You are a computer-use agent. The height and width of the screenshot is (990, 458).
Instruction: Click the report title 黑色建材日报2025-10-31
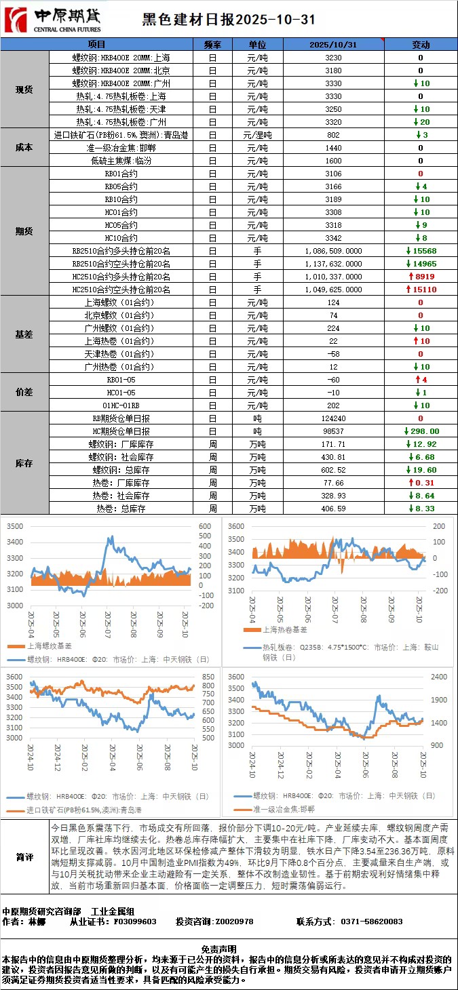click(x=229, y=20)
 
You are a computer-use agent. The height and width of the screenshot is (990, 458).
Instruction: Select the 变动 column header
click(x=421, y=45)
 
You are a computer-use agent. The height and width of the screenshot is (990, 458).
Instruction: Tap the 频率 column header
click(x=212, y=45)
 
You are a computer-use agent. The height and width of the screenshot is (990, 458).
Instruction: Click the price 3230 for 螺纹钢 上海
click(x=333, y=58)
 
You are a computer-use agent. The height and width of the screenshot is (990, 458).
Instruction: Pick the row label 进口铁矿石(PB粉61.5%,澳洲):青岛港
click(x=122, y=135)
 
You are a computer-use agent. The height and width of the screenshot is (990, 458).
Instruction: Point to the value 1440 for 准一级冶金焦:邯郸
click(x=333, y=148)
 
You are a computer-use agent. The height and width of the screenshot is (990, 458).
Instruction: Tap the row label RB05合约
click(x=122, y=186)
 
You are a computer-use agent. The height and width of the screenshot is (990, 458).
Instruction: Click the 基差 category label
click(x=24, y=335)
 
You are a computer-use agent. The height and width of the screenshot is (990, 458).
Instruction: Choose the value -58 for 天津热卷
click(x=333, y=354)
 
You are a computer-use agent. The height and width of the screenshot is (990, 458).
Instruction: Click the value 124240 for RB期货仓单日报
click(x=333, y=418)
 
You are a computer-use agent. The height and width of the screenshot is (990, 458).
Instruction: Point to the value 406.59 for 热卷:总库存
click(x=333, y=509)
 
